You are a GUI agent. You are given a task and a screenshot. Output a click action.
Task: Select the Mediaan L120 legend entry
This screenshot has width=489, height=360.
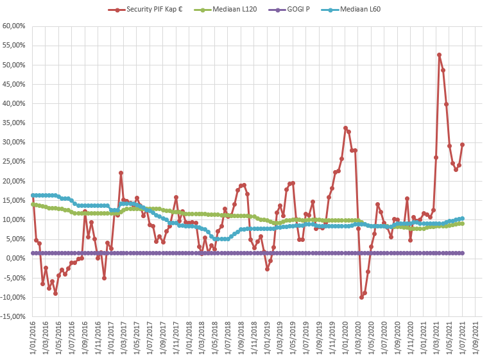(232, 10)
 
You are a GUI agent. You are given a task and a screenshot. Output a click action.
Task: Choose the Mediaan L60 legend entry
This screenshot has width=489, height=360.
(354, 10)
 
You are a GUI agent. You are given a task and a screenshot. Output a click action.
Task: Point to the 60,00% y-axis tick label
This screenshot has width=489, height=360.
(13, 26)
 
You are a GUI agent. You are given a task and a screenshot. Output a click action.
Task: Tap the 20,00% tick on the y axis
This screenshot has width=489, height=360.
(13, 181)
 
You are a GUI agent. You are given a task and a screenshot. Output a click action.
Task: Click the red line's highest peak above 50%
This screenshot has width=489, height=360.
(440, 55)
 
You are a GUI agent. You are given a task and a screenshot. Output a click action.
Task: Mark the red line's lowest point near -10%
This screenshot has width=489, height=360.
(361, 297)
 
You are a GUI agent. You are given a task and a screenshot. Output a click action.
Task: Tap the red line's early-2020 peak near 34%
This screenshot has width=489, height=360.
(345, 128)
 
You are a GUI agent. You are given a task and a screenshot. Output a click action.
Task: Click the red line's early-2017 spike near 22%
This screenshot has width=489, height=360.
(121, 173)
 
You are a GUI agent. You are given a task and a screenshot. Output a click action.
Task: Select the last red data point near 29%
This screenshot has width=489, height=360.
(462, 144)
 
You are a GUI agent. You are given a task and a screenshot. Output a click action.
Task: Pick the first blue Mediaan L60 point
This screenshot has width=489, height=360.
(33, 195)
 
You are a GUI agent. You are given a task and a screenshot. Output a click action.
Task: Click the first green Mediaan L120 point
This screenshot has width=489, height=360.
(33, 204)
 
